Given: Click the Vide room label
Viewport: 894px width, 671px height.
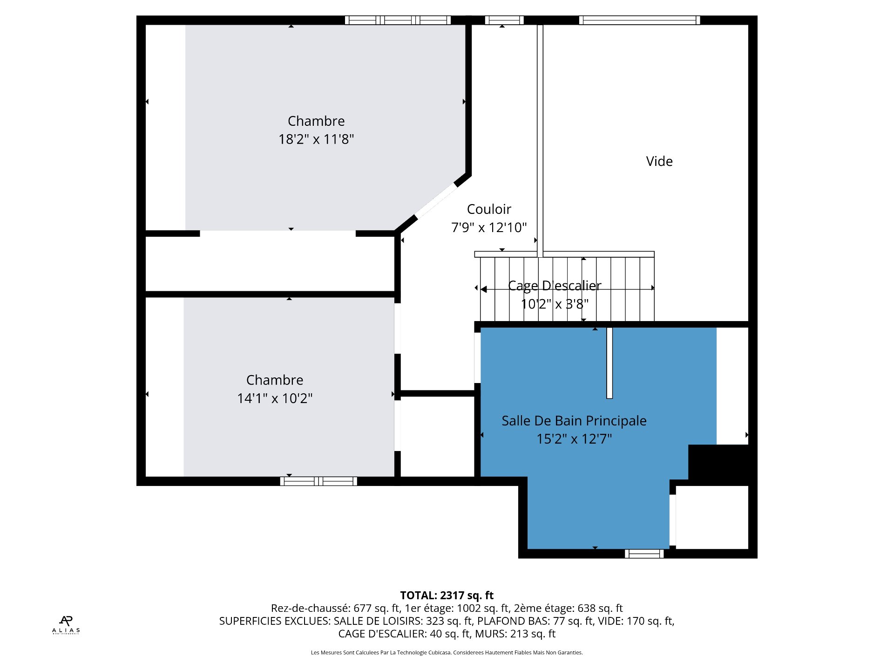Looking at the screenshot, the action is [x=659, y=161].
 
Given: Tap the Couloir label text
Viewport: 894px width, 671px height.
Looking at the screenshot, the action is [x=489, y=209].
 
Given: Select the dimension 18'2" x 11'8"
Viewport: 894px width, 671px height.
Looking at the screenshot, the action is [x=316, y=139].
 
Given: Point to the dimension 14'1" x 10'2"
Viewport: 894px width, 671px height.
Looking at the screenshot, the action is [x=275, y=398].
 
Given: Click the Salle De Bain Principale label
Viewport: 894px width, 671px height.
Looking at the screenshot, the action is [x=574, y=421].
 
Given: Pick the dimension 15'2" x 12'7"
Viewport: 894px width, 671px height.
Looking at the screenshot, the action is [x=574, y=439].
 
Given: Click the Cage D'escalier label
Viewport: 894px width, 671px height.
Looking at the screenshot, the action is [x=555, y=286].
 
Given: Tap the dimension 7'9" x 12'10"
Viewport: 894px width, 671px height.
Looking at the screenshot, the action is [x=489, y=227].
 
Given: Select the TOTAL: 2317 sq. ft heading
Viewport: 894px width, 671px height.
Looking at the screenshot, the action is [x=447, y=596].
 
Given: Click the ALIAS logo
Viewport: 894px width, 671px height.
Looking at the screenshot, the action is [x=66, y=625].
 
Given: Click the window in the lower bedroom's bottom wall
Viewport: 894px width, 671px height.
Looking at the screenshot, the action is [x=318, y=481].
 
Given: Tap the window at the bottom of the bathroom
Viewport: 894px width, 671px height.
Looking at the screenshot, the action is [x=644, y=554].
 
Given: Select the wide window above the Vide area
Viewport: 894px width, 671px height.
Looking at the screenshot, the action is [x=640, y=20].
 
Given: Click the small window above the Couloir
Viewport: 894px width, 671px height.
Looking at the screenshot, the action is [x=504, y=20].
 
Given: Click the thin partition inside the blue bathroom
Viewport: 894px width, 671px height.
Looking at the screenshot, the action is [x=610, y=363].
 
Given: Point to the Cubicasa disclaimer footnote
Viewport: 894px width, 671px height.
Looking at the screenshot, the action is [x=447, y=652].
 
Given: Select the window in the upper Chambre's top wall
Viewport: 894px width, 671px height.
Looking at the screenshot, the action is [x=398, y=20].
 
